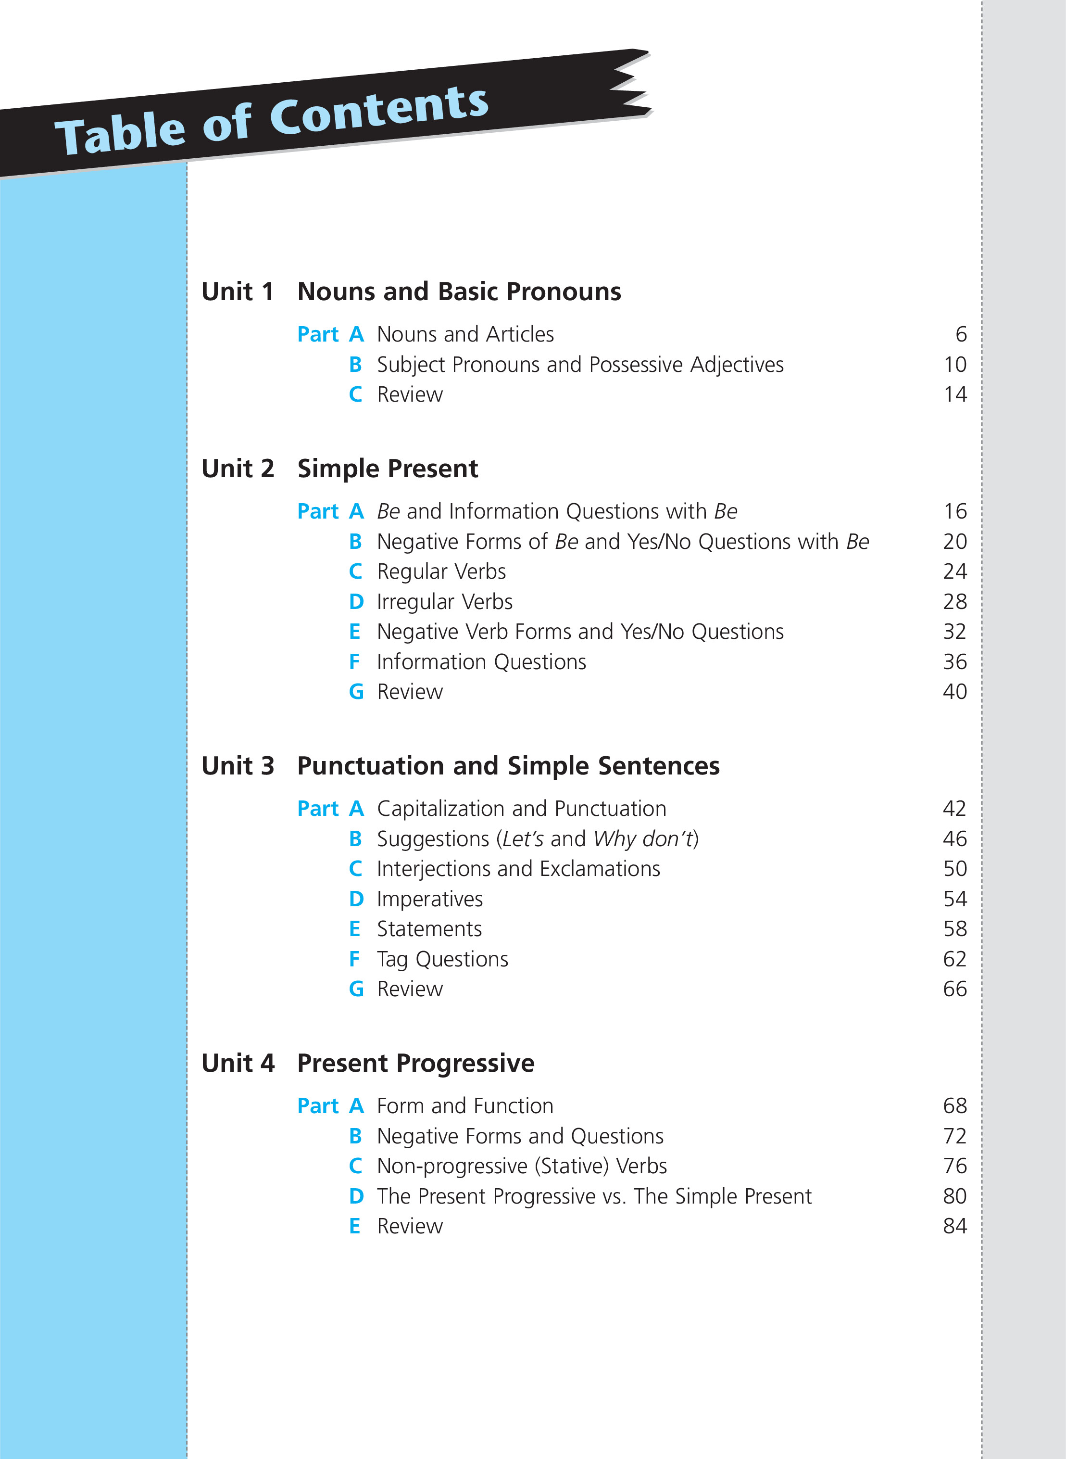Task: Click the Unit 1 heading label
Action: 238,292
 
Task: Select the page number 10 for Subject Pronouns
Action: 955,365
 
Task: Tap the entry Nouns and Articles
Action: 465,334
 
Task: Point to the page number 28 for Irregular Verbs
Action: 954,602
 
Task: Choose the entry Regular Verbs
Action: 441,572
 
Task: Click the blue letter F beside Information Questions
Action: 354,662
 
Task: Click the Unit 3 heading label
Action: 238,766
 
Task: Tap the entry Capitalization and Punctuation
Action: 521,809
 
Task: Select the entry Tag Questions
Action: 443,959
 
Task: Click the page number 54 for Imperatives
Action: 954,899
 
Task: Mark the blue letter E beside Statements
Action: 354,929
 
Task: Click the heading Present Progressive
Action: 415,1063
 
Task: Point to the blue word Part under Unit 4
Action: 317,1106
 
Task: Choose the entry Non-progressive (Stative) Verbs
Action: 521,1166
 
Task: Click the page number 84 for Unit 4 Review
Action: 954,1226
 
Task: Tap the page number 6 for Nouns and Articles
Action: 961,334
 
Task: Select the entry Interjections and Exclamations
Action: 518,869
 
